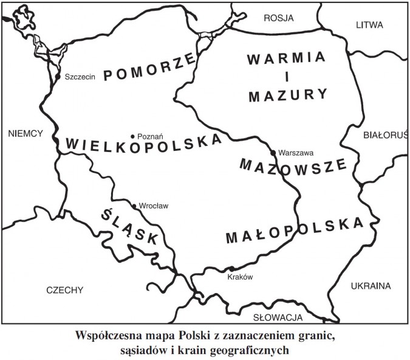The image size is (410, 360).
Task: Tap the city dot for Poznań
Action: pos(133,136)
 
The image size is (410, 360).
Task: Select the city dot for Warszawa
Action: pos(273,152)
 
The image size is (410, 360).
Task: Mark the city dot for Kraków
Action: pos(231,269)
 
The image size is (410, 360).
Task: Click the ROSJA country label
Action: pos(278,18)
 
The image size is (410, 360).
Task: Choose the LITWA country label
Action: pos(370,25)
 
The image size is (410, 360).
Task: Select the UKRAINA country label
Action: pos(370,286)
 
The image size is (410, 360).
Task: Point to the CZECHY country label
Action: pos(64,290)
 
